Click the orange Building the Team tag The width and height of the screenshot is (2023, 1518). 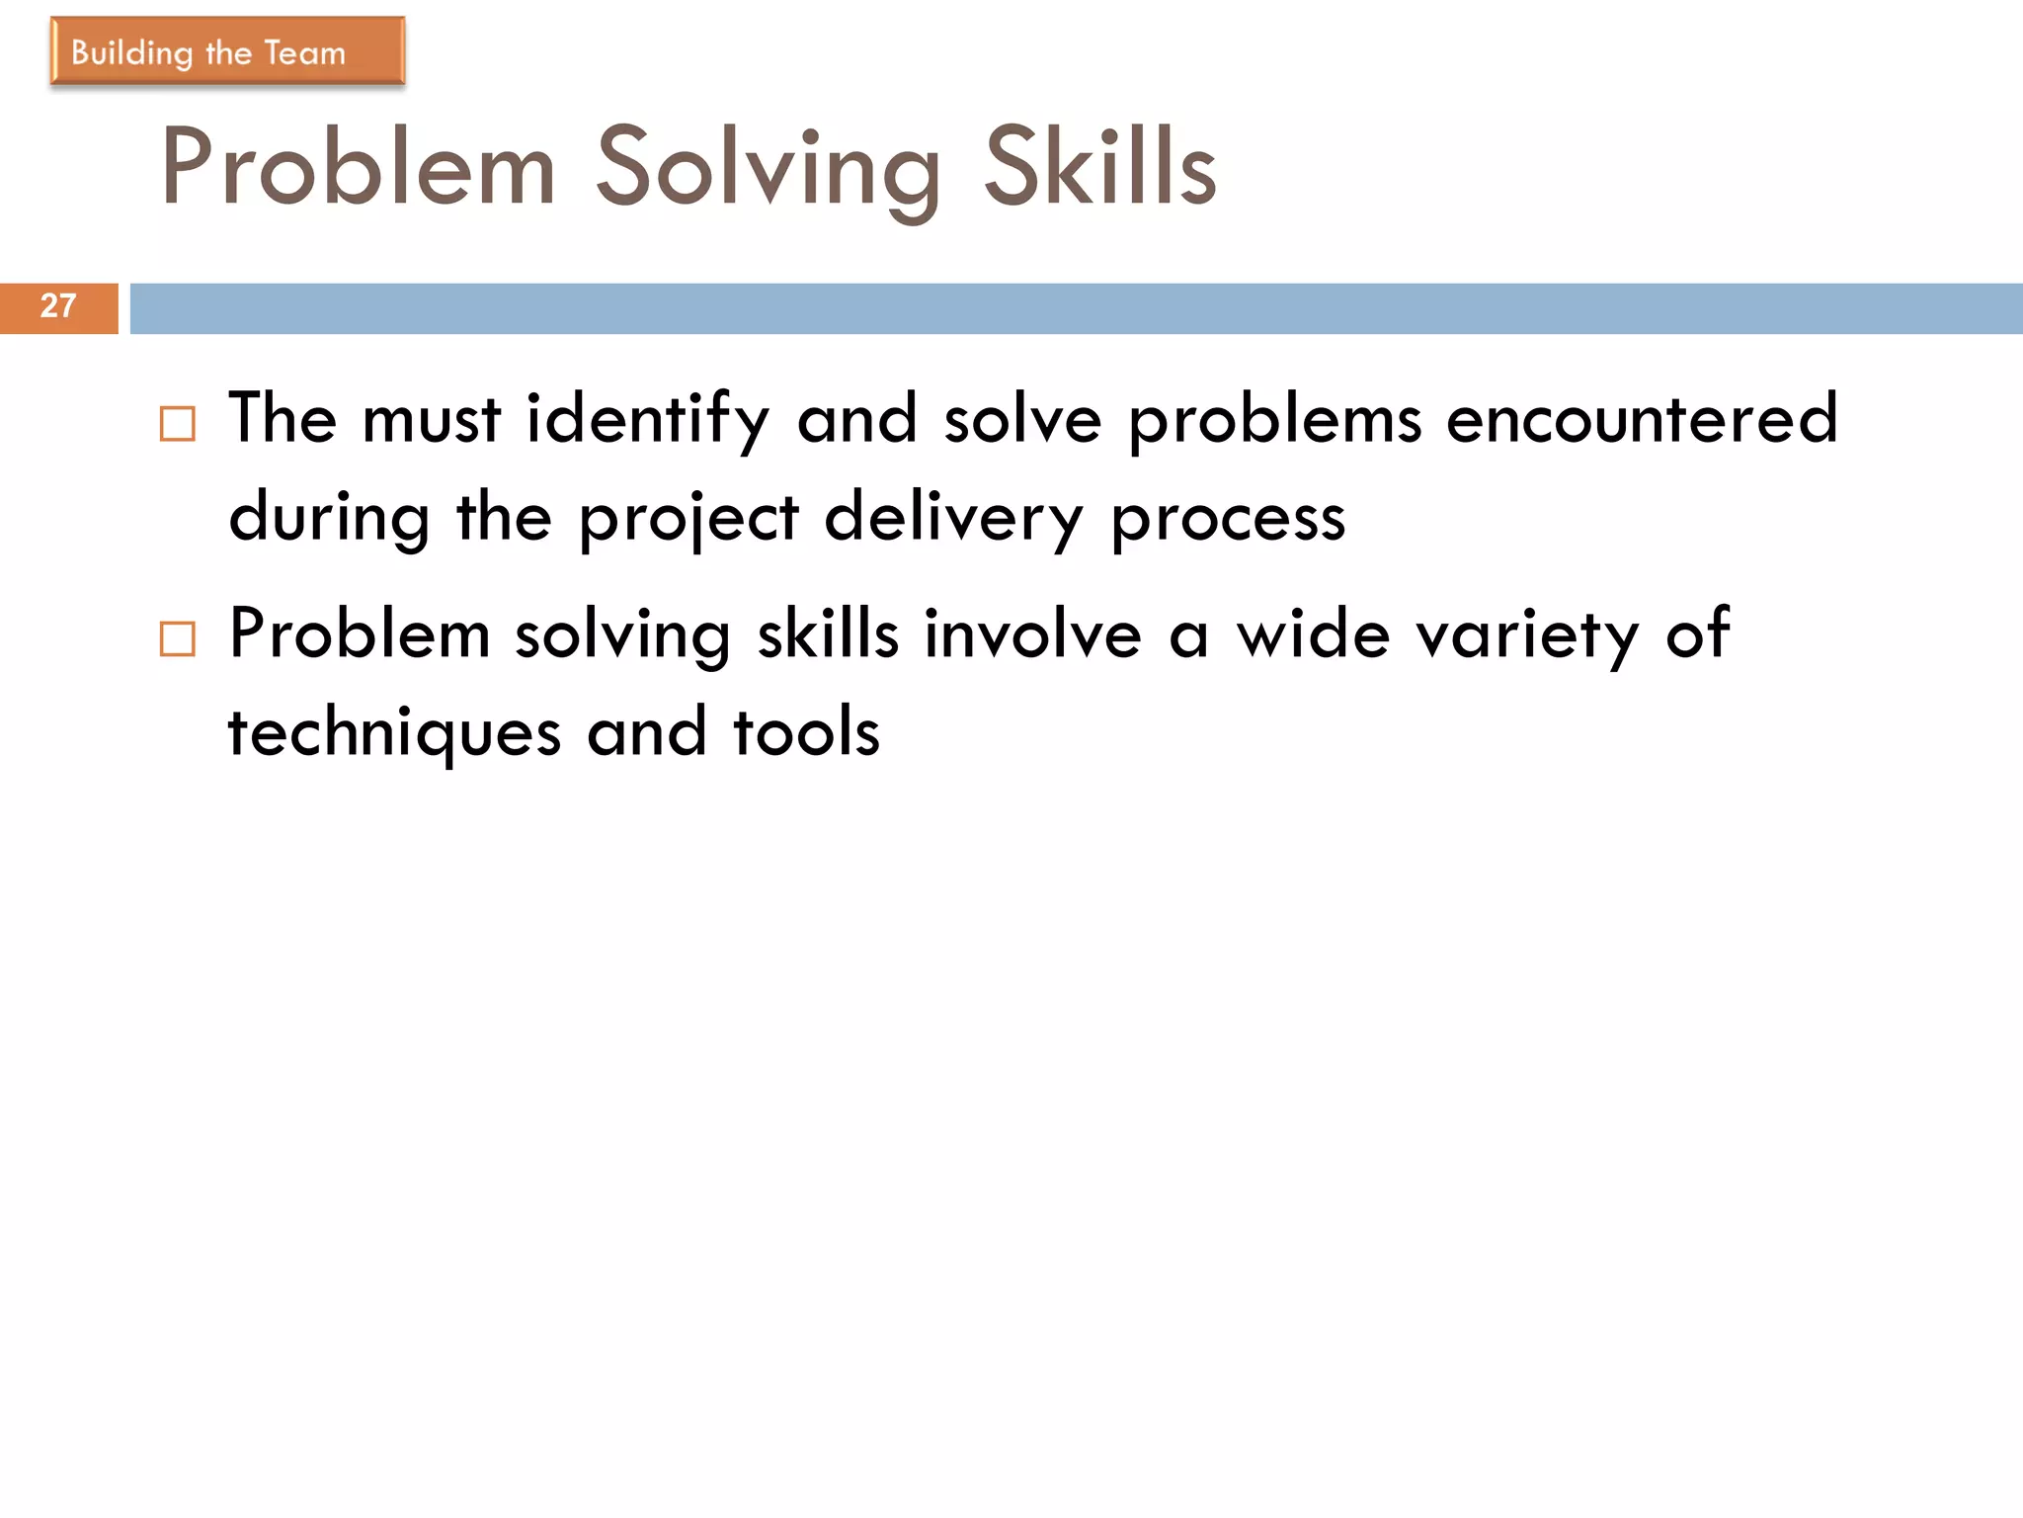pyautogui.click(x=227, y=51)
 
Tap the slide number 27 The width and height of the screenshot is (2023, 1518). pyautogui.click(x=58, y=306)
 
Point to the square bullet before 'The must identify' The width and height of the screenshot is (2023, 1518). pyautogui.click(x=178, y=424)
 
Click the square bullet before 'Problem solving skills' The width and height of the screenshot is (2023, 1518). pyautogui.click(x=178, y=639)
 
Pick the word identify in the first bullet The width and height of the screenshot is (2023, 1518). pyautogui.click(x=647, y=420)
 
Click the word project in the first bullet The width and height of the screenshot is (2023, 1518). pyautogui.click(x=688, y=519)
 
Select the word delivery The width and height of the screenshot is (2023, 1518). pyautogui.click(x=953, y=519)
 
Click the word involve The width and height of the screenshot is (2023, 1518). pyautogui.click(x=1032, y=634)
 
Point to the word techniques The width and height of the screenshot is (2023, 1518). pyautogui.click(x=394, y=734)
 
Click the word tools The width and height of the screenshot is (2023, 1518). pyautogui.click(x=806, y=734)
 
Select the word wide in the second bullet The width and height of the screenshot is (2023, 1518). pyautogui.click(x=1314, y=634)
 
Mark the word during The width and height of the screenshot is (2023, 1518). pyautogui.click(x=330, y=519)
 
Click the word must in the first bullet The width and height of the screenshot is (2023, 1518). pyautogui.click(x=432, y=420)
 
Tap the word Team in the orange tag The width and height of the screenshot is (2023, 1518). pyautogui.click(x=305, y=52)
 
